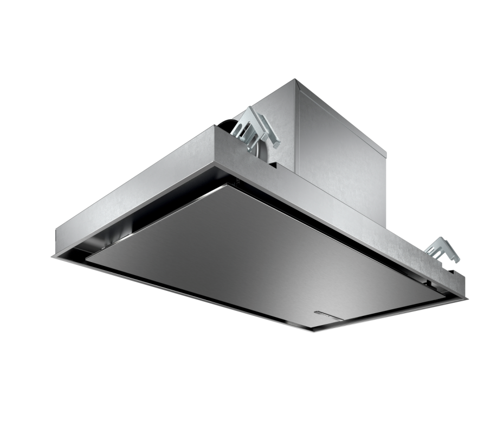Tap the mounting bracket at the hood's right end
(441, 249)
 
